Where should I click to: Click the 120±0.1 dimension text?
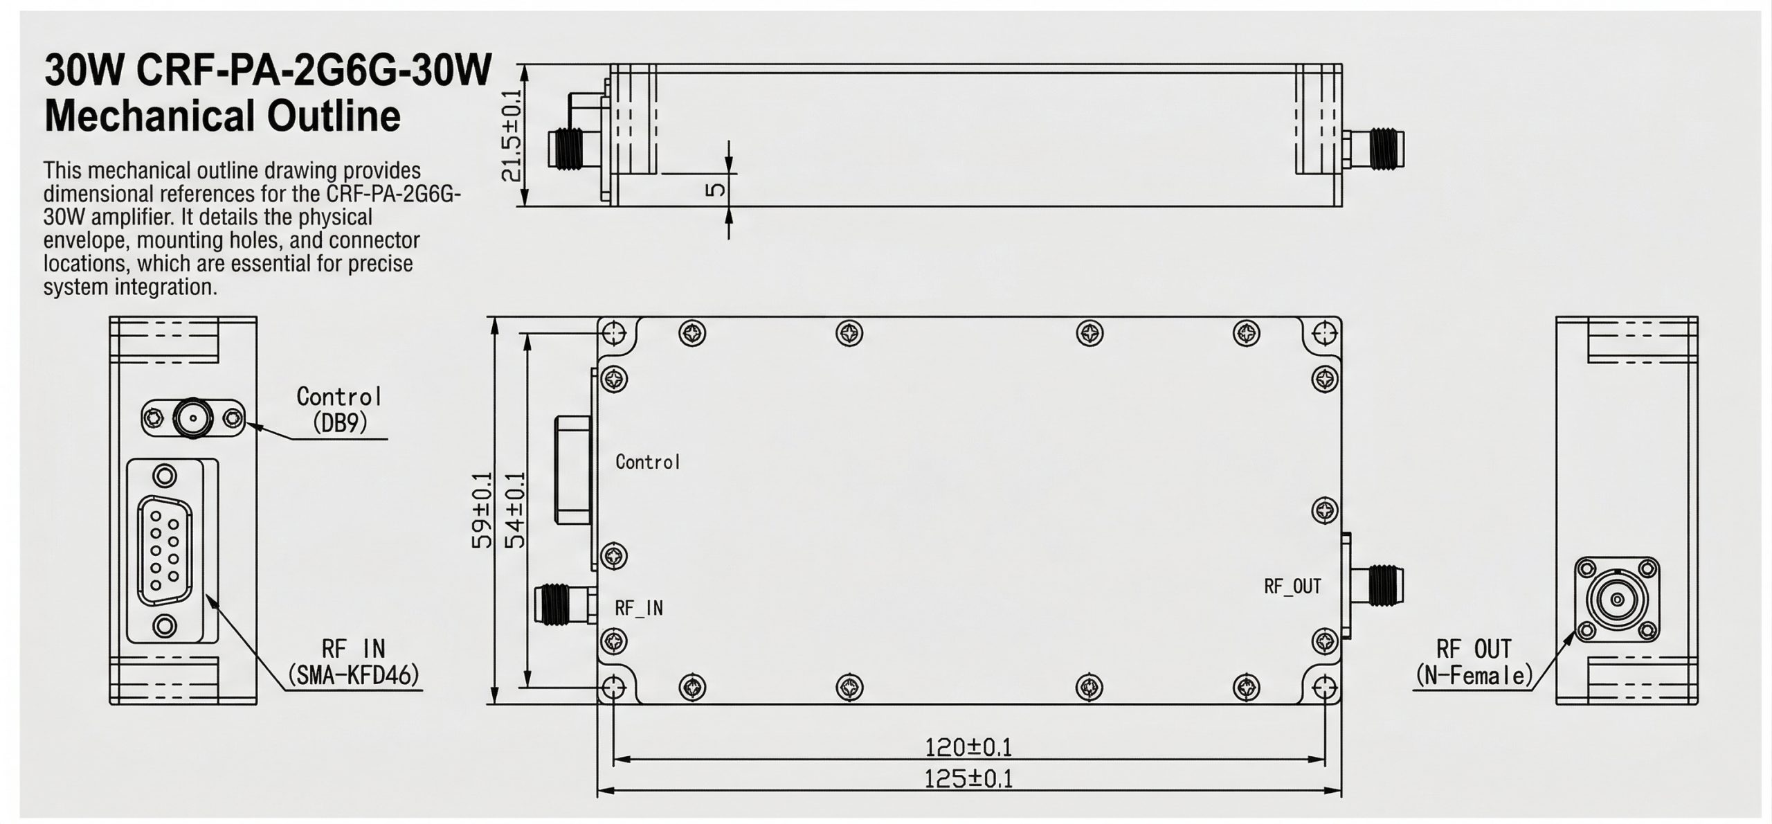click(x=968, y=748)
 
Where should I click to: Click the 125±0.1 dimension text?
click(x=968, y=780)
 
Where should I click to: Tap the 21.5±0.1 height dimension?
click(x=512, y=136)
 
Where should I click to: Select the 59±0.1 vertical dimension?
click(x=482, y=510)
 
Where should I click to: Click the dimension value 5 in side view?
click(x=716, y=189)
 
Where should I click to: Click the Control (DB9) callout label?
click(x=339, y=409)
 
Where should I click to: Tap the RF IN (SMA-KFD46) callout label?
click(x=354, y=662)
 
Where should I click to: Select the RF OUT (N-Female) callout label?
click(x=1474, y=662)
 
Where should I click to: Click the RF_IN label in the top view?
click(x=638, y=608)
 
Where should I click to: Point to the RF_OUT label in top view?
click(x=1292, y=586)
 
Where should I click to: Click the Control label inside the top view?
click(x=648, y=462)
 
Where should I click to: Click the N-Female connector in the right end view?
click(x=1617, y=600)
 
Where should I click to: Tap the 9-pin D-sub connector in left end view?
click(x=164, y=551)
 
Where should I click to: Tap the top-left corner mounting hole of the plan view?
click(x=614, y=334)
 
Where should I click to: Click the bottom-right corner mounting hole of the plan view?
click(x=1324, y=689)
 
